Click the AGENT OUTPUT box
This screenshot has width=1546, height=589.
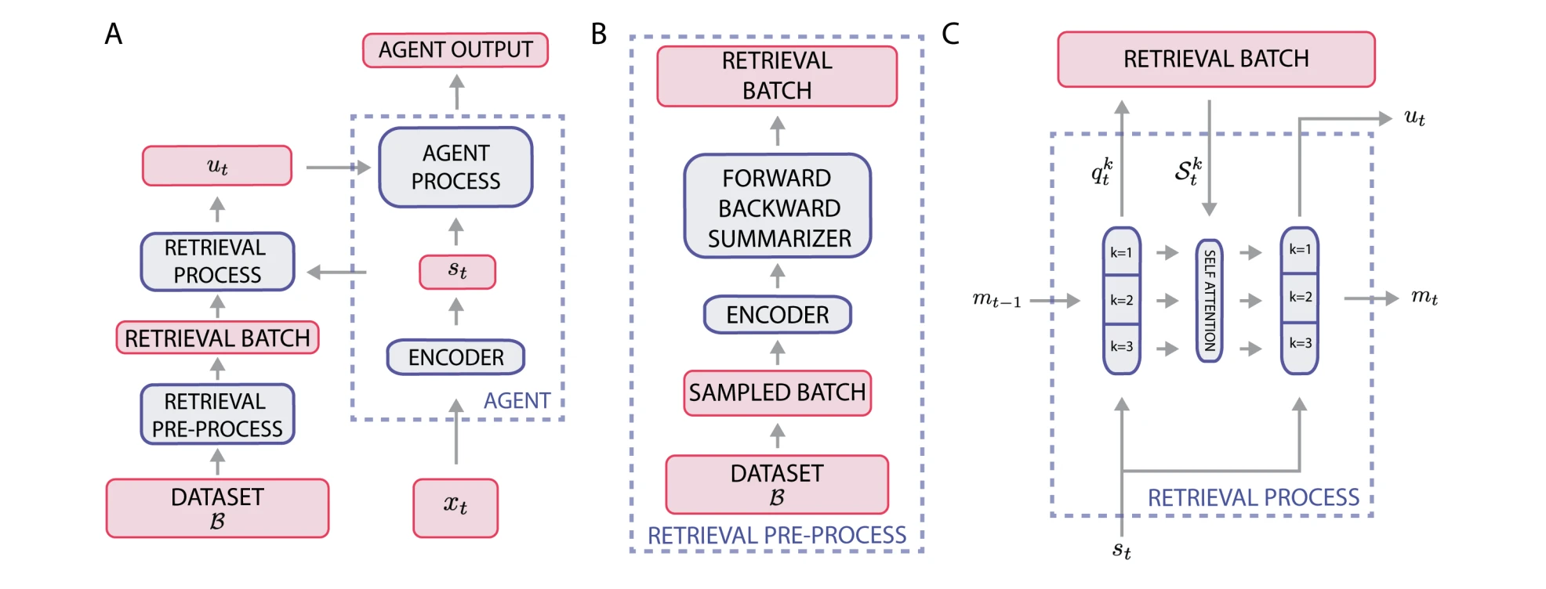tap(455, 50)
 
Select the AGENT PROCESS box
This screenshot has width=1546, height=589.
tap(455, 167)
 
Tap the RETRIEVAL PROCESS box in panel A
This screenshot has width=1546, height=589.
tap(217, 262)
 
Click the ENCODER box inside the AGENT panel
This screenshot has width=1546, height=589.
tap(455, 357)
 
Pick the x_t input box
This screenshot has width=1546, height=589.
tap(455, 508)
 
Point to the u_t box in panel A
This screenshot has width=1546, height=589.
tap(217, 165)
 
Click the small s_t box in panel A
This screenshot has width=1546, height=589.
tap(457, 272)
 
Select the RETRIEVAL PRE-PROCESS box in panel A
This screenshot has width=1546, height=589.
tap(217, 414)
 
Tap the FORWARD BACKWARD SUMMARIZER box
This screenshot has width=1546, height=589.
tap(778, 207)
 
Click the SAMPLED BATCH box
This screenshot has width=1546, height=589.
tap(777, 392)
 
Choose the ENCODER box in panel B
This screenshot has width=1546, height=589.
tap(777, 315)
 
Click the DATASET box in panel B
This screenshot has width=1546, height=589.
tap(777, 484)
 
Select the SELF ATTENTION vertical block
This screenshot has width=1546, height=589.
tap(1209, 300)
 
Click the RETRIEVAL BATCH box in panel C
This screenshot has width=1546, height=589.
tap(1216, 59)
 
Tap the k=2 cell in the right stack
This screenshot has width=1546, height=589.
tap(1300, 297)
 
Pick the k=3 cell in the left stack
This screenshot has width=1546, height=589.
tap(1121, 347)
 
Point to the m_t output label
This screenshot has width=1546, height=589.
tap(1424, 297)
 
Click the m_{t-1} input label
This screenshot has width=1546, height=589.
tap(996, 300)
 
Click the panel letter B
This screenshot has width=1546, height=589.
tap(599, 34)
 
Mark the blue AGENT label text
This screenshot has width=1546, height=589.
tap(517, 401)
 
